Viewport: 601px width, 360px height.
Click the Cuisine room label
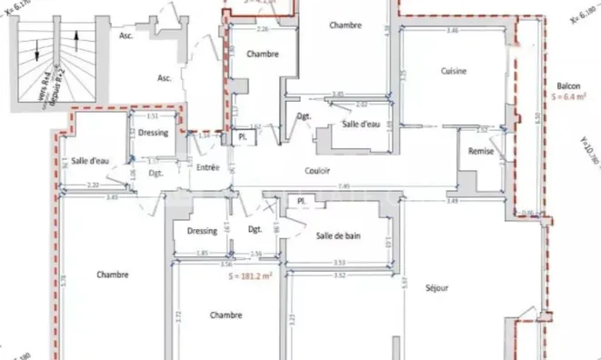click(454, 71)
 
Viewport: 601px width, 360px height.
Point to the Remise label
click(480, 152)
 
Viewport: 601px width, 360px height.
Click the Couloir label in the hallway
click(316, 170)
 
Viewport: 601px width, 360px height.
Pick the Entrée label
click(208, 167)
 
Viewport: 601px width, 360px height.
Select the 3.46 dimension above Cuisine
click(452, 32)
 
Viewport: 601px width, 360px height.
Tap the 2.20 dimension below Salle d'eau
click(93, 186)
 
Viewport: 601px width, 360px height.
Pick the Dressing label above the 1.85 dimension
click(202, 231)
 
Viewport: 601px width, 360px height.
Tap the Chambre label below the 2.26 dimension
click(261, 54)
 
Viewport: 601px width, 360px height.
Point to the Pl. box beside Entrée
click(243, 136)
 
